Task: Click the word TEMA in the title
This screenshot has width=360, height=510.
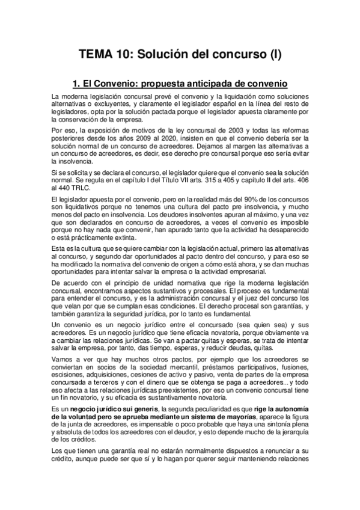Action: click(96, 55)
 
